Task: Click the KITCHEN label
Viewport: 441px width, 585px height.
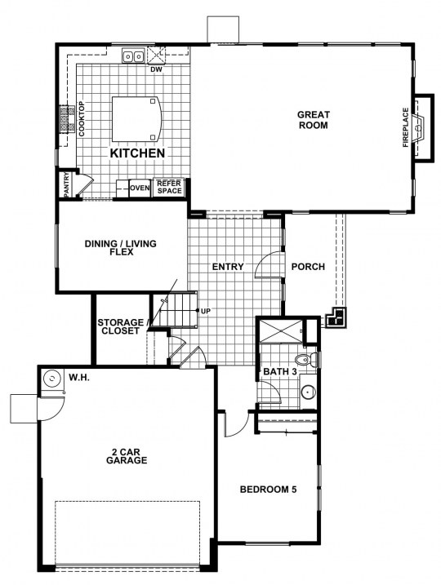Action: point(137,153)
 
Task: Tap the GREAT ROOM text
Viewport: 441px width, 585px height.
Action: point(314,120)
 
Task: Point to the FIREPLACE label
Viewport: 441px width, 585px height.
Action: point(406,127)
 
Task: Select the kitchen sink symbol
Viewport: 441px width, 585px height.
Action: point(134,56)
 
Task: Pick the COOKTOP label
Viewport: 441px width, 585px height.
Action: point(82,118)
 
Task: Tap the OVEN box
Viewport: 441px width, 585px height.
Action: point(140,188)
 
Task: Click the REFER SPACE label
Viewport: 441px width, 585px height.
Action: point(169,187)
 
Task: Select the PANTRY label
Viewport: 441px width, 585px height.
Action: point(66,184)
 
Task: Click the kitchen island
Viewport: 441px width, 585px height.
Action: point(137,119)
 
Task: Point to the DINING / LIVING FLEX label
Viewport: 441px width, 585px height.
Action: point(121,248)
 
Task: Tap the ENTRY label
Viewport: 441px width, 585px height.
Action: point(228,267)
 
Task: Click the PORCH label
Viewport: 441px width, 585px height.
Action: point(308,267)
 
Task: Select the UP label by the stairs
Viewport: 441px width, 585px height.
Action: point(206,311)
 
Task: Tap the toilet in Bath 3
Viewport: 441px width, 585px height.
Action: point(306,360)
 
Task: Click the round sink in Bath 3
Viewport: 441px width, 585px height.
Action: point(309,392)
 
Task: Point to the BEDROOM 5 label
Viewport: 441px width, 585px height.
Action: point(268,489)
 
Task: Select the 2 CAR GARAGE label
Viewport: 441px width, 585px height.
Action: point(127,456)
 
